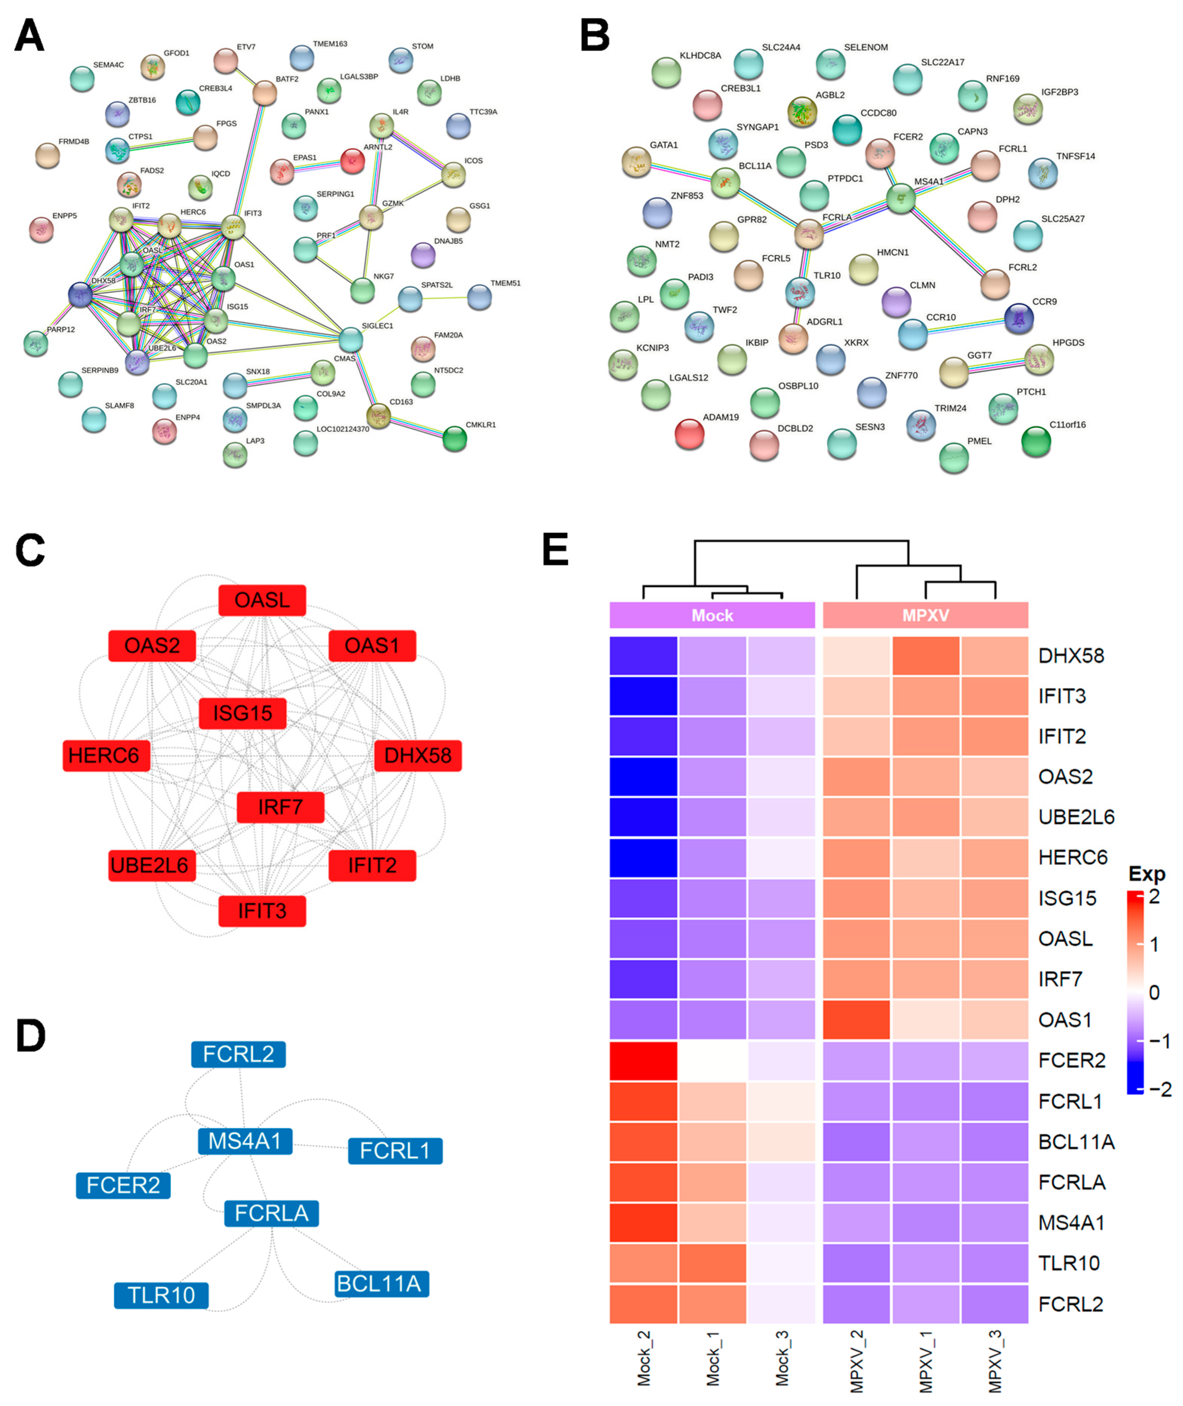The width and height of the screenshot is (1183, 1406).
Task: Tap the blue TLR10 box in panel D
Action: tap(161, 1295)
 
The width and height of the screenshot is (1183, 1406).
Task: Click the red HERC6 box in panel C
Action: tap(106, 756)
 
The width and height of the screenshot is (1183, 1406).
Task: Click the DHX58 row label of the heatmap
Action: tap(1070, 656)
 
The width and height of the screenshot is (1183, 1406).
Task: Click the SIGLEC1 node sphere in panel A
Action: tap(351, 340)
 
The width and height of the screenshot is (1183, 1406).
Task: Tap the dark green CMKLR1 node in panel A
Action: tap(455, 439)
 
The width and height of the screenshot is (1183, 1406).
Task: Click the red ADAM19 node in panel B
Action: tap(689, 434)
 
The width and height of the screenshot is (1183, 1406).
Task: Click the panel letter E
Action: tap(555, 549)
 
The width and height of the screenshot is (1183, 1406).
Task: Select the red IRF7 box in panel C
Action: tap(280, 807)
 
